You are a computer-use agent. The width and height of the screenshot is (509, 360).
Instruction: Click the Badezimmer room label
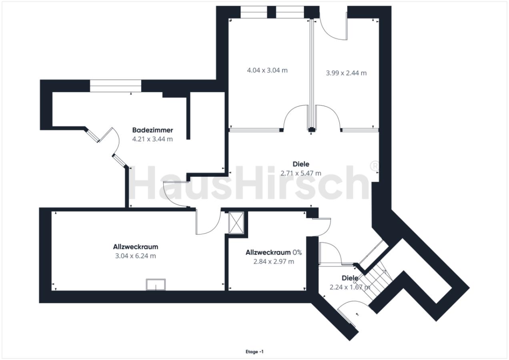point(152,130)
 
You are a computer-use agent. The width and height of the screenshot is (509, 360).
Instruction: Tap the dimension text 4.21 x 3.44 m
point(152,139)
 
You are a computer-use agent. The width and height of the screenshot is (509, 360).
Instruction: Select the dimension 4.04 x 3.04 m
point(267,70)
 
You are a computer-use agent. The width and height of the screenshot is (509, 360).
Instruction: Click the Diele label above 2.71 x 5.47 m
point(301,164)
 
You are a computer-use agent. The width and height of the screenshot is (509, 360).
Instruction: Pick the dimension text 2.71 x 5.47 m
point(301,173)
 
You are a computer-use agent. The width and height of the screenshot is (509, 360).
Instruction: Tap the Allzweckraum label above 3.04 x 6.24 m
point(135,246)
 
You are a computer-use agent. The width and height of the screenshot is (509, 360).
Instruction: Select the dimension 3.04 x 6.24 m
point(135,256)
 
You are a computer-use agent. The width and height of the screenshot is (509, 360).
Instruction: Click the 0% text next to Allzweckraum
point(297,252)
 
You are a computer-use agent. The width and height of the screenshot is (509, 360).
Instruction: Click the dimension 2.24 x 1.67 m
point(349,287)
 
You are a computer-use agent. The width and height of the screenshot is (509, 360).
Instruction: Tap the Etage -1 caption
point(254,352)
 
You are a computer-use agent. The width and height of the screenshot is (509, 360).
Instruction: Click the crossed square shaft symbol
point(236,223)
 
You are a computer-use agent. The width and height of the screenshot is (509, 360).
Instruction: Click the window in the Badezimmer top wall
point(115,86)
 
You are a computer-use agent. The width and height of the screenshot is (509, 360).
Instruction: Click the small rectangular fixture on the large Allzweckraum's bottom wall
point(156,284)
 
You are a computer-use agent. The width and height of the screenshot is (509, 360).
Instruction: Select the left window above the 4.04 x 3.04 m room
point(253,12)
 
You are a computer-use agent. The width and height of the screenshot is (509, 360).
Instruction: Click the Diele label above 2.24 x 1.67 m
point(349,278)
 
